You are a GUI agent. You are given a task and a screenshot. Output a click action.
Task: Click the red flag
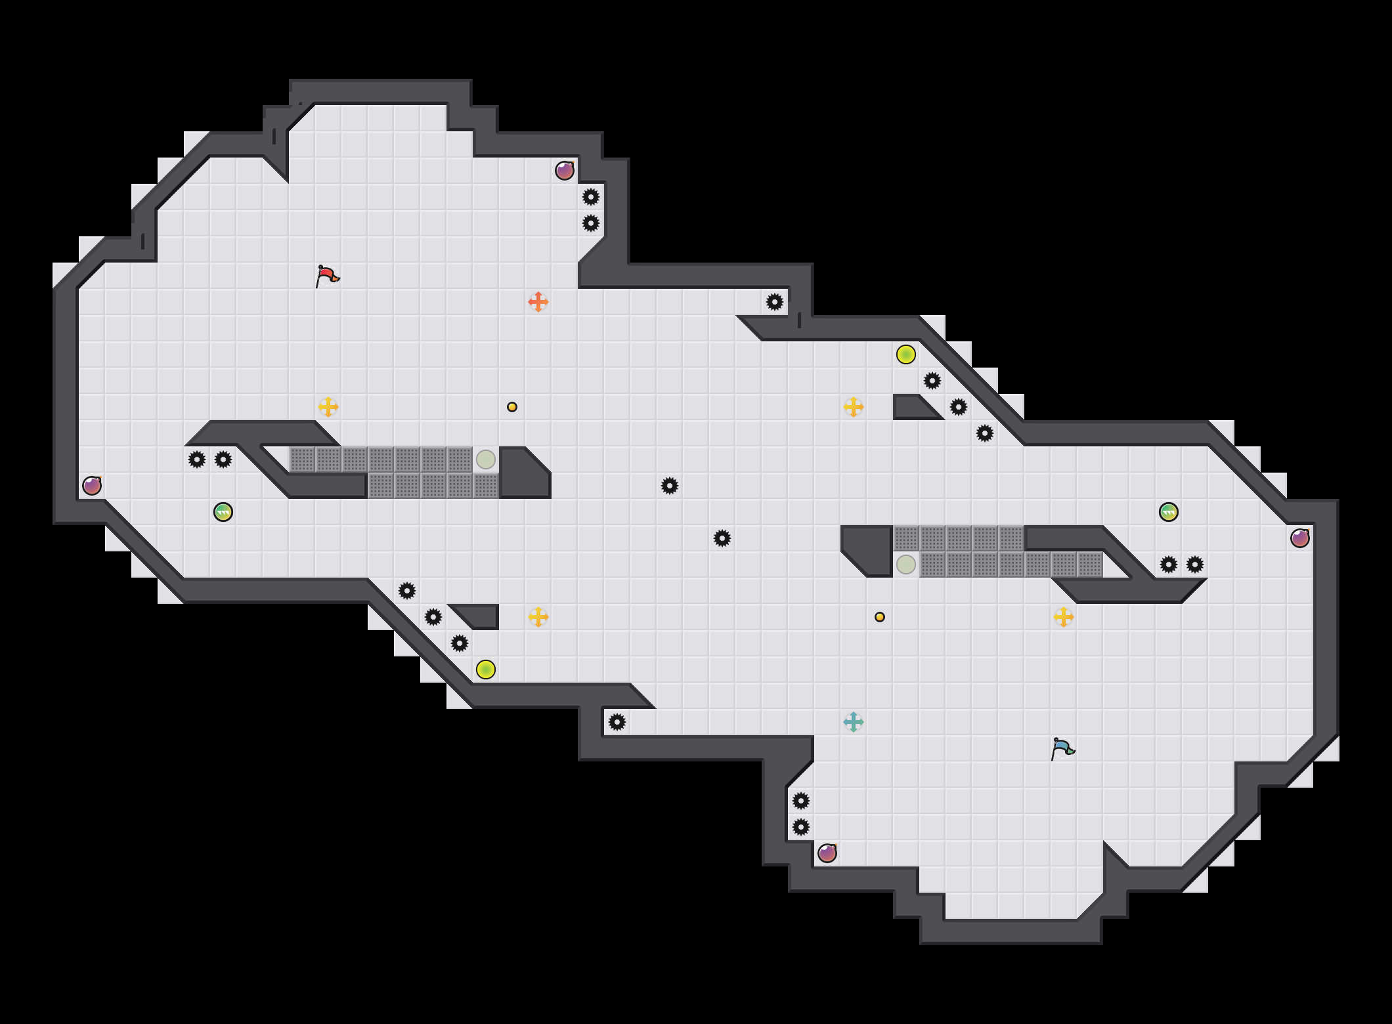coord(327,276)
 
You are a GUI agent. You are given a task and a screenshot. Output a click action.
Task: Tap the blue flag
coord(1062,748)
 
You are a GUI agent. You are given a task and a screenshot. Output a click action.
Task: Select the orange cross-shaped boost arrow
coord(538,302)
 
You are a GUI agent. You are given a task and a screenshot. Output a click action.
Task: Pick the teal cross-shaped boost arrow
coord(854,722)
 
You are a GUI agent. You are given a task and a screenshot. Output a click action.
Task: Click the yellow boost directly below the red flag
coord(328,407)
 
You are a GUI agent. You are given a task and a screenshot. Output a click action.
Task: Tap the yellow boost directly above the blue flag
coord(1064,617)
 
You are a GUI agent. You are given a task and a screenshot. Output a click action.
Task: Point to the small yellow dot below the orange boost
coord(512,407)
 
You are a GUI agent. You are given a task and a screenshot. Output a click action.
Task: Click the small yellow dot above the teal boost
coord(880,617)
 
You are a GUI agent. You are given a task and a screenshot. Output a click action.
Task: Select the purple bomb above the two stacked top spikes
coord(565,171)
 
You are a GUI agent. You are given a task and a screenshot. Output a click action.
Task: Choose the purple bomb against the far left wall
coord(92,486)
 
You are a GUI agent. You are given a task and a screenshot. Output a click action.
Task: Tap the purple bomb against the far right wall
coord(1300,538)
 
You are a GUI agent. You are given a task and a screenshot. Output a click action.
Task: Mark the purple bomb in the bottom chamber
coord(827,853)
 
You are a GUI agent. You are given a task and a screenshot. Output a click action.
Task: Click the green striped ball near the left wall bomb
coord(223,512)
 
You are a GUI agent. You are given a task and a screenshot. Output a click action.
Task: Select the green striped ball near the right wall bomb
coord(1169,512)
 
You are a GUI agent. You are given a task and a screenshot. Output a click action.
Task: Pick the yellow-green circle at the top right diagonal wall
coord(906,354)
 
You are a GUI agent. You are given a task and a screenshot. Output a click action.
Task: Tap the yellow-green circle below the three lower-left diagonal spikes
coord(486,670)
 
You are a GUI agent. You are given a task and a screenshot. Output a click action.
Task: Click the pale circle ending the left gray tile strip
coord(486,459)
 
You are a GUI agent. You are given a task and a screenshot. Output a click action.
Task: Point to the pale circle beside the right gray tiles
coord(906,565)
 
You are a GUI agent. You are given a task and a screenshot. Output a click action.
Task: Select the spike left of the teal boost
coord(617,722)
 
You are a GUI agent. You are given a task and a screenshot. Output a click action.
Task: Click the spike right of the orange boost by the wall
coord(775,302)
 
